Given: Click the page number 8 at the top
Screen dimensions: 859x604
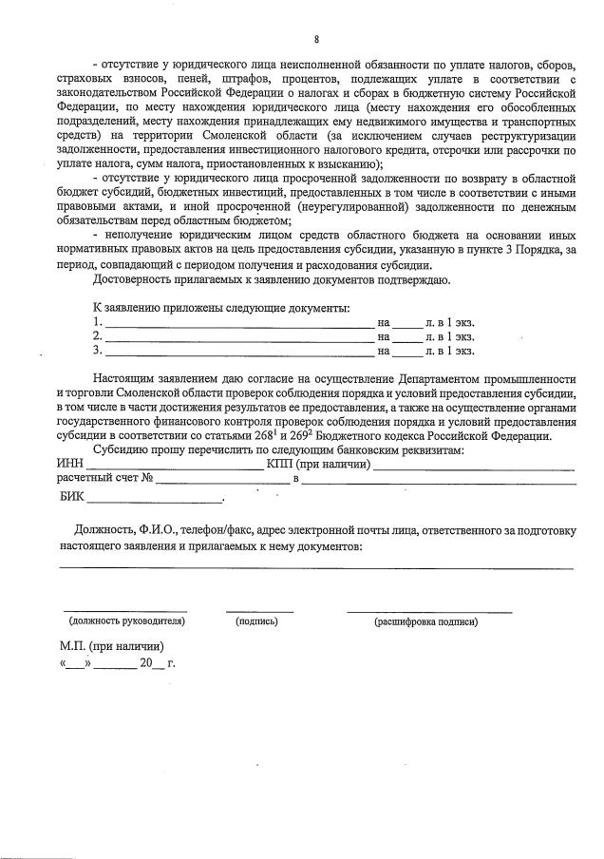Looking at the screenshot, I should tap(316, 39).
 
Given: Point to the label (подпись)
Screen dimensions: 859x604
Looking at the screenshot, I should tap(256, 621).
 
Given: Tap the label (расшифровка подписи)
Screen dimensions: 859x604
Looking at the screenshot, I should tap(426, 621).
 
